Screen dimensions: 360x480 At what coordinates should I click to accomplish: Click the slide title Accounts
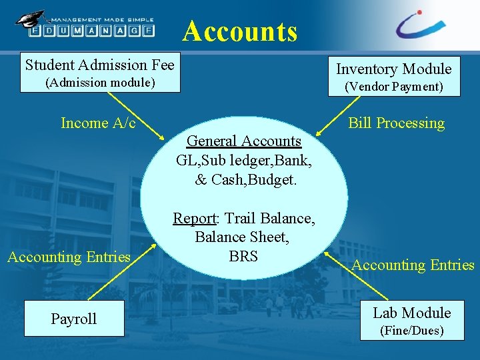click(x=240, y=31)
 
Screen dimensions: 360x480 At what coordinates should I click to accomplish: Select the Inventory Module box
click(x=393, y=77)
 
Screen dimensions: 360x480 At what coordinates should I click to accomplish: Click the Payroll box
click(x=74, y=319)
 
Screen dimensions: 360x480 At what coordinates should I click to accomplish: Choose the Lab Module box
click(x=411, y=321)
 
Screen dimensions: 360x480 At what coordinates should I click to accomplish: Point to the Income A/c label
click(x=98, y=123)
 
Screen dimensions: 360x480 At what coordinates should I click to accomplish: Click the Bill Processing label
click(x=396, y=123)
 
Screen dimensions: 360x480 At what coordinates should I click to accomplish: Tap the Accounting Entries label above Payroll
click(x=69, y=257)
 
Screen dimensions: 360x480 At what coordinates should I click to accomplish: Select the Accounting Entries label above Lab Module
click(x=413, y=265)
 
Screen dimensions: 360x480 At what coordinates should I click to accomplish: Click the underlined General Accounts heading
click(x=244, y=141)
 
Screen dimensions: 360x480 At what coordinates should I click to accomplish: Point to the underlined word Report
click(x=195, y=218)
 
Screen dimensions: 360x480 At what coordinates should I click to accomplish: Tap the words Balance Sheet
click(x=241, y=237)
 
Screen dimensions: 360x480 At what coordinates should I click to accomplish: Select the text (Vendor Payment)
click(x=393, y=87)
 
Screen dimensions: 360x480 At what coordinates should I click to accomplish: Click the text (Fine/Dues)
click(x=411, y=330)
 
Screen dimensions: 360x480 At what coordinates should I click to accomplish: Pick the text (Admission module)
click(x=100, y=83)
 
